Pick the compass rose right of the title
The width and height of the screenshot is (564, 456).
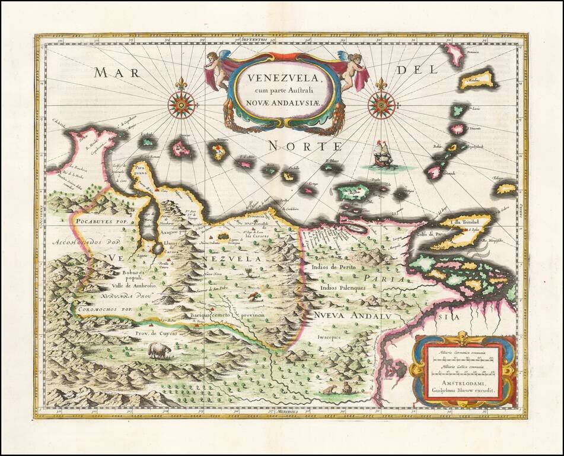pos(381,104)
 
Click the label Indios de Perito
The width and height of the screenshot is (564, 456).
pos(335,268)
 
